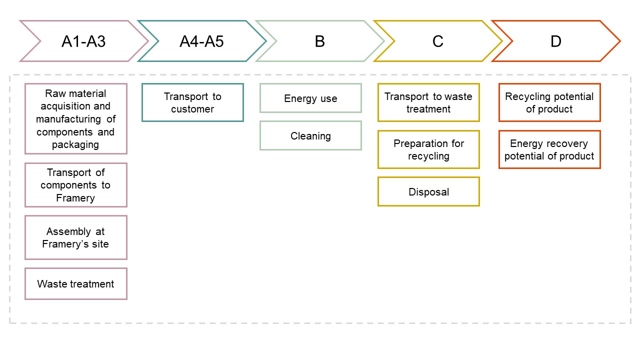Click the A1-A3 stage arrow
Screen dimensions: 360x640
click(83, 41)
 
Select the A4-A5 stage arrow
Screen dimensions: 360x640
click(201, 41)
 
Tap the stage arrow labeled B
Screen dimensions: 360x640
click(319, 41)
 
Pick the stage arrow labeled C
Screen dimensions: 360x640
click(437, 41)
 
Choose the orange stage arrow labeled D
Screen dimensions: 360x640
click(555, 41)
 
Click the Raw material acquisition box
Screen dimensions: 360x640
click(76, 119)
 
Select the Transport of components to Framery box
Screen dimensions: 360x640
click(76, 185)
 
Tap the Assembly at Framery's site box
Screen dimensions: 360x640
click(76, 237)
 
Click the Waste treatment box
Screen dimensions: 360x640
click(76, 284)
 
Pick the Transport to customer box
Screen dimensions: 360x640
click(192, 102)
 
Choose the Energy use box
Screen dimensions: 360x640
click(310, 98)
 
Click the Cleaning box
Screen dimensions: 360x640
click(310, 135)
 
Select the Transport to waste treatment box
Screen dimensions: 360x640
click(428, 102)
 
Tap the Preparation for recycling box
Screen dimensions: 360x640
click(428, 149)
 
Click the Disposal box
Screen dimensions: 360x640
click(428, 191)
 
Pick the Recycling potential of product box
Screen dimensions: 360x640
click(549, 102)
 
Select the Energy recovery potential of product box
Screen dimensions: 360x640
click(549, 149)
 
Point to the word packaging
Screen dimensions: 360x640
click(75, 145)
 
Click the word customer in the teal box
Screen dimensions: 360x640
click(192, 109)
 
